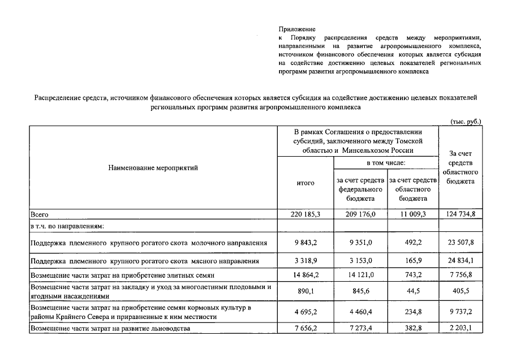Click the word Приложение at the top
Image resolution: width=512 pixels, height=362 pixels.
(x=297, y=29)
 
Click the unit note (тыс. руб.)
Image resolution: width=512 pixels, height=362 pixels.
(x=466, y=121)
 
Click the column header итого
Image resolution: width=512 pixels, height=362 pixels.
(x=306, y=183)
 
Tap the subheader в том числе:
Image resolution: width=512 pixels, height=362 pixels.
(x=386, y=163)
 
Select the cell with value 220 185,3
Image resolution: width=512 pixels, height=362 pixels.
(x=306, y=215)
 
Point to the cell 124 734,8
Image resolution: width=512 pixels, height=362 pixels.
(x=461, y=215)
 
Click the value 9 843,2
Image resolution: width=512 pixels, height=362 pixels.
(x=306, y=243)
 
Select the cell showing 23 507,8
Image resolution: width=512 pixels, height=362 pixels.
(x=461, y=243)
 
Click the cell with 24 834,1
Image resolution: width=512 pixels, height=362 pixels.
(x=461, y=261)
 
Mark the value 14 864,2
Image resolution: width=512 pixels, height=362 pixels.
(x=306, y=275)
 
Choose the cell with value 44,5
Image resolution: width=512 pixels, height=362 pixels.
(x=413, y=291)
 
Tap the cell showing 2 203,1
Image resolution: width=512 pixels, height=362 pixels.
(x=461, y=327)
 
